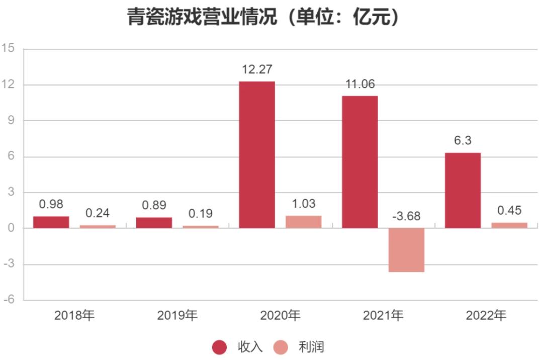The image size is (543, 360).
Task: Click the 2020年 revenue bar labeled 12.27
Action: [x=257, y=155]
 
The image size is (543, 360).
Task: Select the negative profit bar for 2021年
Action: [x=407, y=250]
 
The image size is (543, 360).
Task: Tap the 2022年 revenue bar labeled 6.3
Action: [x=463, y=191]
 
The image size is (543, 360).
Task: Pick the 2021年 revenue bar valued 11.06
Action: [x=360, y=162]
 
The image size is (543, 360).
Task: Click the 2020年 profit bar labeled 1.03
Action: [x=304, y=222]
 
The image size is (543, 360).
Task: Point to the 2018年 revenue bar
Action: [x=51, y=222]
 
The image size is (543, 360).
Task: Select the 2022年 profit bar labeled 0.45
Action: [x=509, y=225]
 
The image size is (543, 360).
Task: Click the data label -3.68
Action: [x=406, y=217]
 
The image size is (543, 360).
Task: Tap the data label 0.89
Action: [x=154, y=206]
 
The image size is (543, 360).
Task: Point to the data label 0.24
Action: [x=98, y=213]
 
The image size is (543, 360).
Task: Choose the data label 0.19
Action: [x=201, y=214]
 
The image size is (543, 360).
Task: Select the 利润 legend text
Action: [x=311, y=347]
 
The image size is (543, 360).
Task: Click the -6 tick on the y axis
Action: [x=9, y=300]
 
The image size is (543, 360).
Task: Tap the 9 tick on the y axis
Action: [x=11, y=121]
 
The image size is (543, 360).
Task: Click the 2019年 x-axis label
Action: [x=177, y=316]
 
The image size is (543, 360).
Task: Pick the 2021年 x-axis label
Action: [x=383, y=316]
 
